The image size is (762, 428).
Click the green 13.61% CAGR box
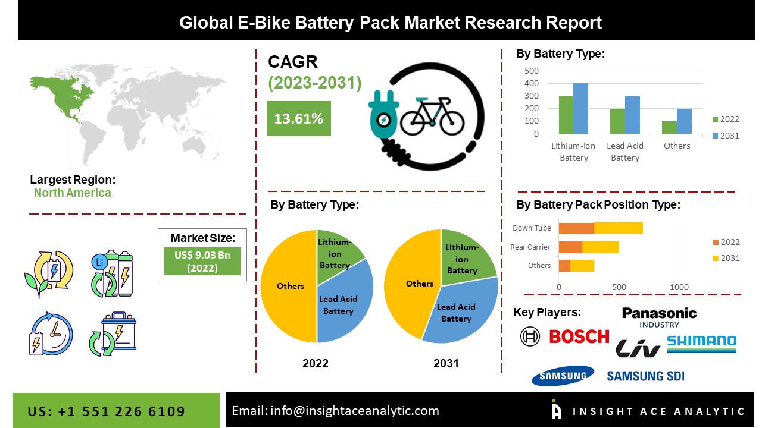(x=298, y=118)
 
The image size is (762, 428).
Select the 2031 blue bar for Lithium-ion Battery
(x=580, y=108)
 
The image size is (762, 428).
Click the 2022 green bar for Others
(x=669, y=127)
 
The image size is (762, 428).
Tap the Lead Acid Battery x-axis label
(x=625, y=152)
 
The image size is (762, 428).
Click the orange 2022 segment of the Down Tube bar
(x=576, y=228)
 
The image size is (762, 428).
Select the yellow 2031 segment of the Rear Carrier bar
(x=600, y=247)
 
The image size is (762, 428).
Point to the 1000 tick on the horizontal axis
(x=679, y=287)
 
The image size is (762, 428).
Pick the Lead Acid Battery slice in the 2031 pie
(x=458, y=312)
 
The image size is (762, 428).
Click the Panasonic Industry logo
(x=659, y=316)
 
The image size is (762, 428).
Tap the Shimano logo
(x=701, y=343)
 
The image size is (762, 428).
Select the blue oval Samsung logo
(x=563, y=376)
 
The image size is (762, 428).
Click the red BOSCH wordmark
(x=579, y=336)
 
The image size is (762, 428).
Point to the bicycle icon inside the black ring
(x=432, y=116)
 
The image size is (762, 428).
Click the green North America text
(x=72, y=193)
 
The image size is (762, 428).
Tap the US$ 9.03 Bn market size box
(x=202, y=261)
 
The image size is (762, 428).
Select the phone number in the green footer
(x=107, y=411)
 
